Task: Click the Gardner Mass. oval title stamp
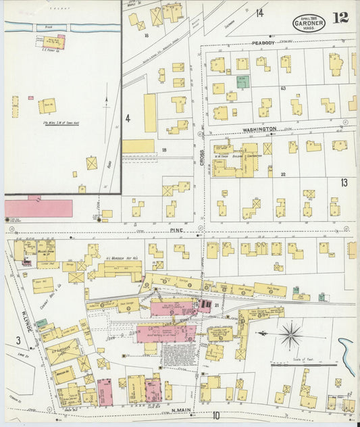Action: (309, 23)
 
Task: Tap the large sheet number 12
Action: (341, 18)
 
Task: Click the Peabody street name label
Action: (265, 42)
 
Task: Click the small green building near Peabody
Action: (242, 82)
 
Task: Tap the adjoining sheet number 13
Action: (344, 183)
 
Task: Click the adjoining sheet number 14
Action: (259, 13)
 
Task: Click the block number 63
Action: (284, 89)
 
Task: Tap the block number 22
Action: (284, 174)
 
